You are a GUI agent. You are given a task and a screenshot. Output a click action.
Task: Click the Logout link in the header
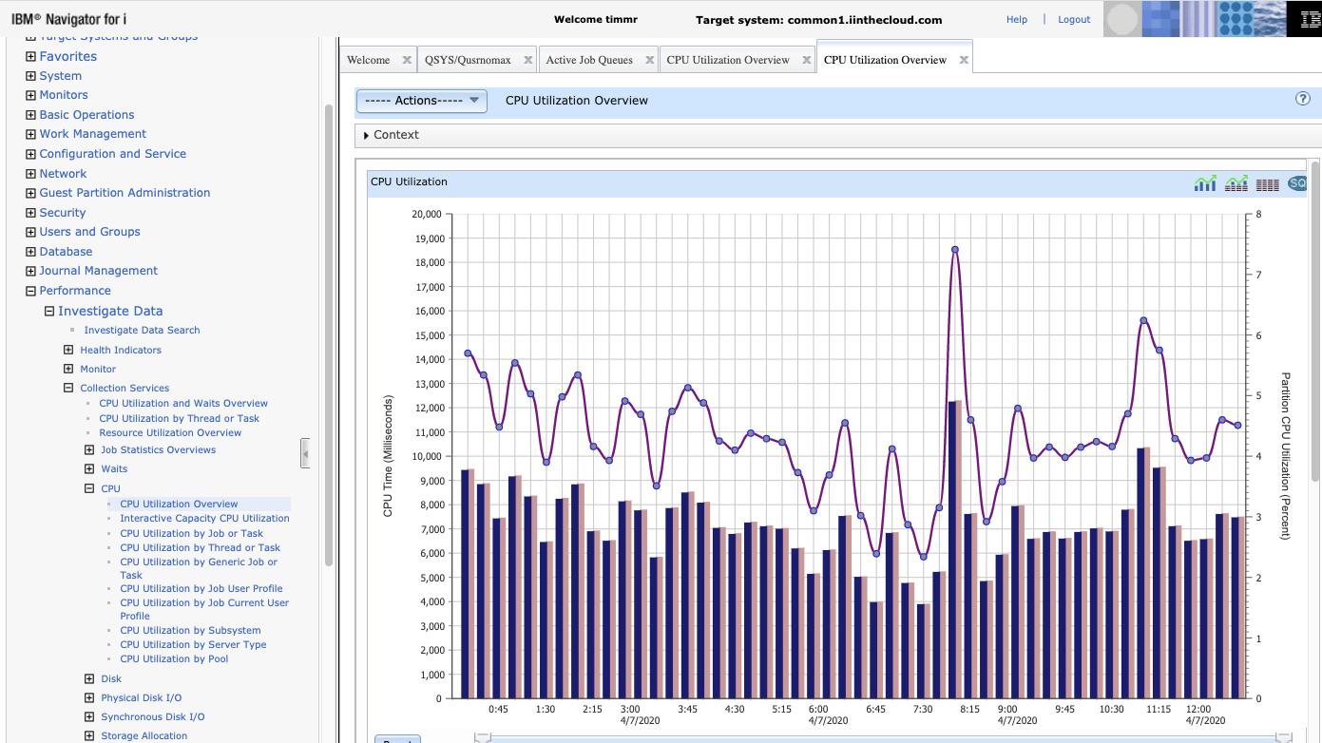pyautogui.click(x=1074, y=20)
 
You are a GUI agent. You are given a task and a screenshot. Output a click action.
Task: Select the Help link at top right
pyautogui.click(x=1017, y=20)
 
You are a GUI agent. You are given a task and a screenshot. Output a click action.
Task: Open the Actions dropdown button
pyautogui.click(x=421, y=101)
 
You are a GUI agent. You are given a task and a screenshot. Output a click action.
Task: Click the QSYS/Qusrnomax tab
pyautogui.click(x=468, y=60)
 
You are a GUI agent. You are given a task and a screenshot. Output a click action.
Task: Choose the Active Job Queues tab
pyautogui.click(x=589, y=60)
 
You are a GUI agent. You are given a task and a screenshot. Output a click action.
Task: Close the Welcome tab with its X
pyautogui.click(x=407, y=60)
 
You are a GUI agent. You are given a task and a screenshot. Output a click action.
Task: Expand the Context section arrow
pyautogui.click(x=366, y=136)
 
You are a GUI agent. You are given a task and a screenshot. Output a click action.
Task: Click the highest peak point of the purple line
pyautogui.click(x=954, y=250)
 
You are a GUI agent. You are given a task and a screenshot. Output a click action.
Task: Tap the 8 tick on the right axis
pyautogui.click(x=1258, y=214)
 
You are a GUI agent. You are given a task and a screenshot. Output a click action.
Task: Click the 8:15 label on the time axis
pyautogui.click(x=969, y=709)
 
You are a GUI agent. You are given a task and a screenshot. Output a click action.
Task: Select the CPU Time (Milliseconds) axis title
pyautogui.click(x=388, y=456)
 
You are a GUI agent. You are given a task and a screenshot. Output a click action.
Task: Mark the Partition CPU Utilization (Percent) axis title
pyautogui.click(x=1286, y=456)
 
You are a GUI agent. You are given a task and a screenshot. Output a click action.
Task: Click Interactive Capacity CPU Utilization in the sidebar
pyautogui.click(x=204, y=519)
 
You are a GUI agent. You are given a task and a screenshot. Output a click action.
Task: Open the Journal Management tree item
pyautogui.click(x=99, y=271)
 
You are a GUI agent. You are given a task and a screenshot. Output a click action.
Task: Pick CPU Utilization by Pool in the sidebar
pyautogui.click(x=174, y=658)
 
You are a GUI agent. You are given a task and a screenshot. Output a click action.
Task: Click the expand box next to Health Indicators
pyautogui.click(x=68, y=350)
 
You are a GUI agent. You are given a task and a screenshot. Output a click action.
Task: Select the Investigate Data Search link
pyautogui.click(x=142, y=331)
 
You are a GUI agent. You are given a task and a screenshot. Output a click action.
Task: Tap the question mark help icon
pyautogui.click(x=1303, y=99)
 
